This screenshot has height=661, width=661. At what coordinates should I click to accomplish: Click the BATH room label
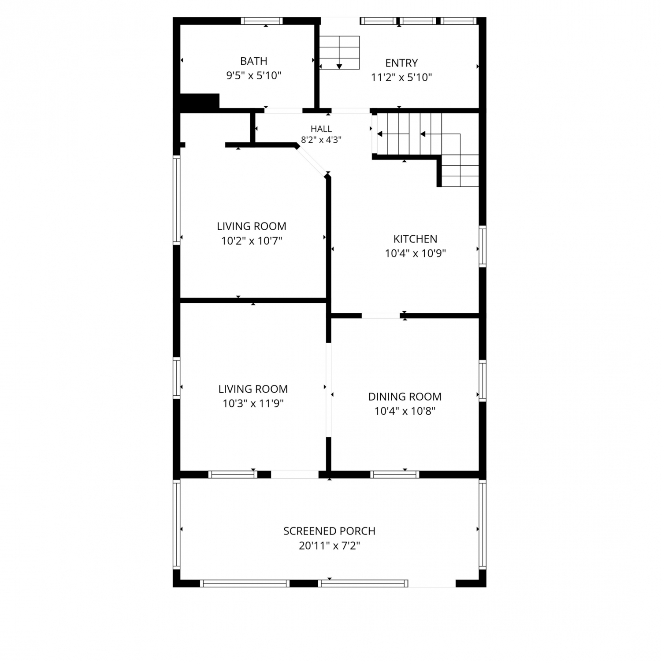pyautogui.click(x=253, y=61)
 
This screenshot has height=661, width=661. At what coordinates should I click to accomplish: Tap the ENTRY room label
pyautogui.click(x=401, y=63)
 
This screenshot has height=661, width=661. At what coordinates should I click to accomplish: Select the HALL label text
pyautogui.click(x=321, y=129)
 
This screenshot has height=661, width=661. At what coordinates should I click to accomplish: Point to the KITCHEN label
pyautogui.click(x=415, y=239)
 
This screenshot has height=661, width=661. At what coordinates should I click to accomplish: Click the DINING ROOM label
pyautogui.click(x=405, y=397)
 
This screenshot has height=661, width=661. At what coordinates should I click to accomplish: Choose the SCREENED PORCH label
pyautogui.click(x=329, y=531)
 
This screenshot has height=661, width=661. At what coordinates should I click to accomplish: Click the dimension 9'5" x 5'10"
pyautogui.click(x=253, y=75)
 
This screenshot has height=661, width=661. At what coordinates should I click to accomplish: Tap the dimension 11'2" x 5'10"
pyautogui.click(x=401, y=78)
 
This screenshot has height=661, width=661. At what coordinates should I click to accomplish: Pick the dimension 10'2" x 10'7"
pyautogui.click(x=252, y=241)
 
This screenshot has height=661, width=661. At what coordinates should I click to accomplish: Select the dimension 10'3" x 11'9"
pyautogui.click(x=253, y=404)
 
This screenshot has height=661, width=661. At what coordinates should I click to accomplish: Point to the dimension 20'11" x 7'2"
pyautogui.click(x=329, y=546)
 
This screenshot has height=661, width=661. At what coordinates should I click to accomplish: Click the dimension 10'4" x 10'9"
pyautogui.click(x=415, y=253)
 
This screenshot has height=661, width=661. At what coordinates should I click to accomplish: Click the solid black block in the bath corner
pyautogui.click(x=200, y=101)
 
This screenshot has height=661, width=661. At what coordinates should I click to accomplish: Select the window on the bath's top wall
pyautogui.click(x=262, y=21)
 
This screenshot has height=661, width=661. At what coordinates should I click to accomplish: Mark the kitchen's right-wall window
pyautogui.click(x=483, y=246)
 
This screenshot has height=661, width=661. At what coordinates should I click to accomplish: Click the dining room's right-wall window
pyautogui.click(x=483, y=381)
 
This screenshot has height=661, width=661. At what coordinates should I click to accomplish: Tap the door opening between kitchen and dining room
pyautogui.click(x=381, y=316)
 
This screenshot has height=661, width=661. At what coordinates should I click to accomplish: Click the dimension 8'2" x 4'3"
pyautogui.click(x=321, y=140)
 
